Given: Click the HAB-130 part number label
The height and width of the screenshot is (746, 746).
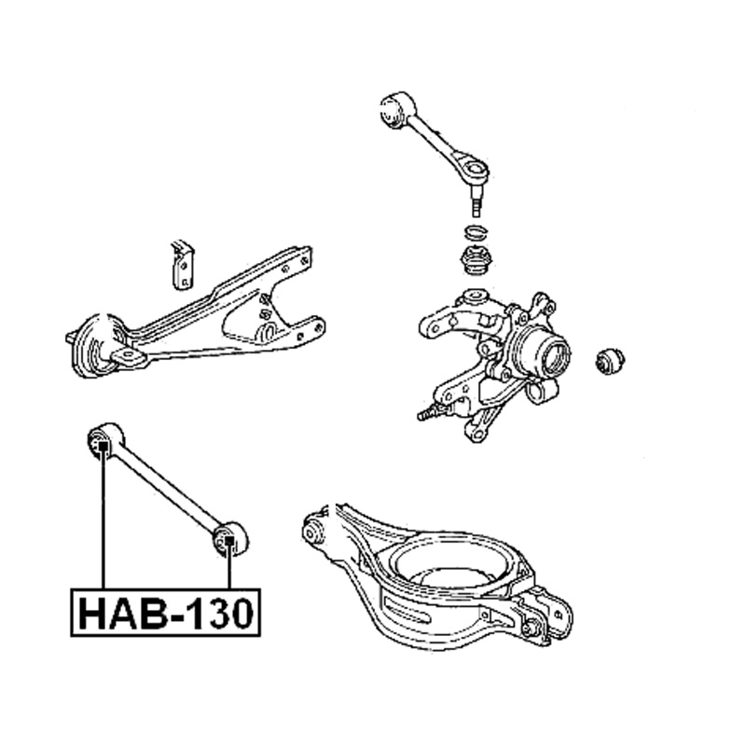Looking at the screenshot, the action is click(x=166, y=613).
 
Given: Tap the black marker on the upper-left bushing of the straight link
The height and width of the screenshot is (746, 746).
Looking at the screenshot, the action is click(x=103, y=446).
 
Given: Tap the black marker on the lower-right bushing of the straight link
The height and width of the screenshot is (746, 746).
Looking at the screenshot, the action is click(x=228, y=541).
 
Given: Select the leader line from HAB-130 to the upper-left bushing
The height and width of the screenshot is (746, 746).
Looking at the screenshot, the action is click(x=103, y=519).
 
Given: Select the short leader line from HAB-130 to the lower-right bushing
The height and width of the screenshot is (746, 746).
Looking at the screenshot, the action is click(x=228, y=567).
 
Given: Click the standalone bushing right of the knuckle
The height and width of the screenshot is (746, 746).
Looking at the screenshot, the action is click(x=610, y=360).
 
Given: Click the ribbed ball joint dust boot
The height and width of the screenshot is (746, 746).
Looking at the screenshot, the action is click(x=477, y=261).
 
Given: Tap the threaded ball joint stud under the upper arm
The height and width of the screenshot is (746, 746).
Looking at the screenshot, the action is click(x=477, y=200).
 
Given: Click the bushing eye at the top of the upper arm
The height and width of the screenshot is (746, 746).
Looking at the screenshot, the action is click(x=395, y=109).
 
